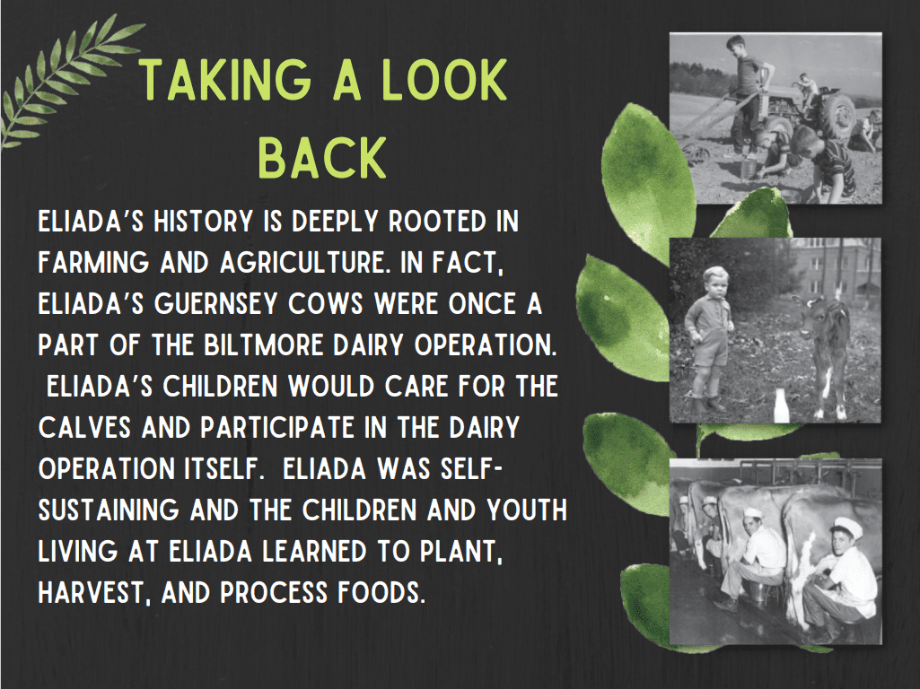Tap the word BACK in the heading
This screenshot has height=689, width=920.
tap(322, 157)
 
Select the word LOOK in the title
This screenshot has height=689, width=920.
tap(444, 80)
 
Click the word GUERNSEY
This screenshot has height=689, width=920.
tap(216, 304)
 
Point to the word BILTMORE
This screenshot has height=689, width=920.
tap(264, 344)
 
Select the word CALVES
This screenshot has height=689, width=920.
tap(84, 427)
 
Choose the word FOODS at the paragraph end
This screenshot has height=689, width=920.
tap(381, 593)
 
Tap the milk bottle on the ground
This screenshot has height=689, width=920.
tap(780, 406)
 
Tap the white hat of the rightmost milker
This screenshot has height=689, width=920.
tap(847, 527)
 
